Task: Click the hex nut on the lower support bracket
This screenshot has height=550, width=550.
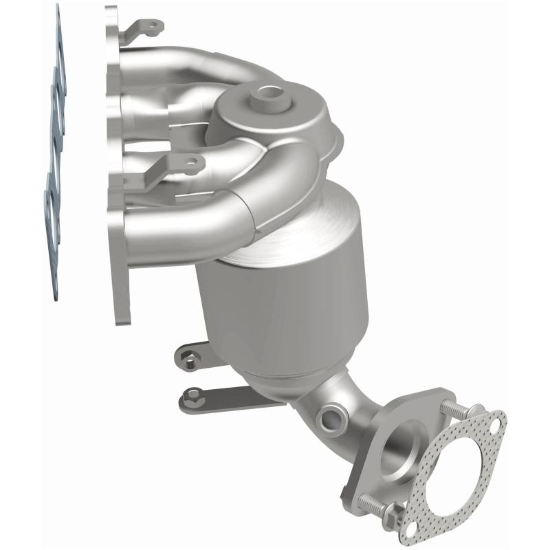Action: [193, 396]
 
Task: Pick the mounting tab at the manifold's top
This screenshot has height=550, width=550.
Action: [144, 27]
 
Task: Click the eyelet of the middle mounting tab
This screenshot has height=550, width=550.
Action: [190, 164]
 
